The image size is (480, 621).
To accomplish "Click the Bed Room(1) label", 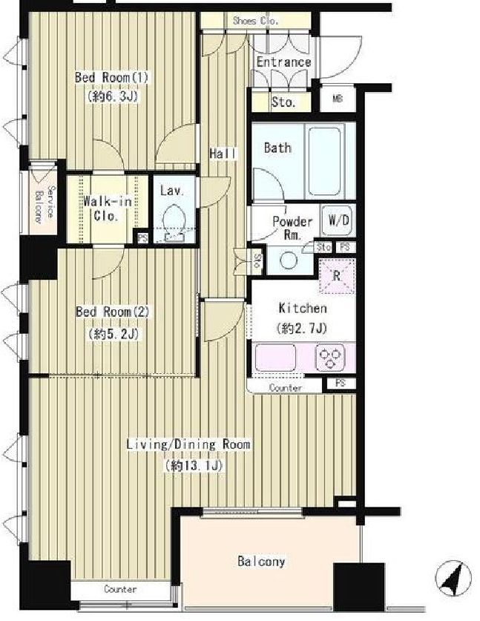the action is tap(112, 77).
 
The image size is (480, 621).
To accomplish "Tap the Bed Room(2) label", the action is tap(113, 312).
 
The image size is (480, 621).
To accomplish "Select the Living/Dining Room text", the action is tap(188, 444).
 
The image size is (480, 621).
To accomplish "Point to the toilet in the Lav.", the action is tap(173, 221).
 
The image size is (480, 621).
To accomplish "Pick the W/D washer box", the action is tap(338, 220).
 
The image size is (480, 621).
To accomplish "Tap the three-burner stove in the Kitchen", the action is tap(330, 358).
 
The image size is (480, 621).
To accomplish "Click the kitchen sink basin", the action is tap(275, 358).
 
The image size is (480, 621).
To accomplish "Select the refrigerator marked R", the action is tap(337, 276).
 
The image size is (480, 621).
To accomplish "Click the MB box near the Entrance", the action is tap(338, 99).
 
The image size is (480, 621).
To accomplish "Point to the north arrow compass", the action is tap(453, 578).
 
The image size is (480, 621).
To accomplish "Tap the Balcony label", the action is tap(261, 562).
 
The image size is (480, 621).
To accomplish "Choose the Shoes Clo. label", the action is tap(255, 21).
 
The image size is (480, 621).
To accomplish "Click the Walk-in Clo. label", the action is tap(107, 208).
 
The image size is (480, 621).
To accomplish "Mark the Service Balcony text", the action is tap(45, 203).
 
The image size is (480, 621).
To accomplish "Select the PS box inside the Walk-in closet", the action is tap(142, 237).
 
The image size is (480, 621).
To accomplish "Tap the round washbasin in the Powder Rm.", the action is tap(289, 260).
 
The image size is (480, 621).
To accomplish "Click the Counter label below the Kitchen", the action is tap(285, 388).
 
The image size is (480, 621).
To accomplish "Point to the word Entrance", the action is tap(283, 62).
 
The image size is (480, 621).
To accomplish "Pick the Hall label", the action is tap(223, 154).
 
